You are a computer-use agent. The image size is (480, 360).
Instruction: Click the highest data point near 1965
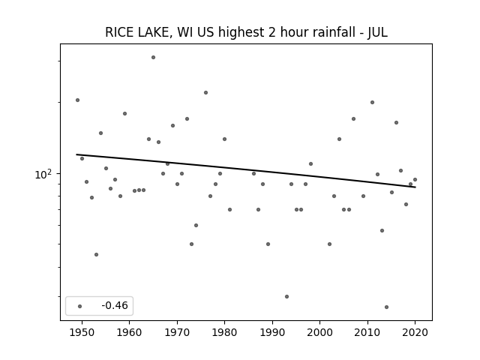click(153, 58)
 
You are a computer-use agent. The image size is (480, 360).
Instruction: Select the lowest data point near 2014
click(387, 307)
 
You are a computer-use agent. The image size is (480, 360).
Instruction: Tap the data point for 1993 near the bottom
click(286, 297)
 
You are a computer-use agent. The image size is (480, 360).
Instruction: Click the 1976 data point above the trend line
click(205, 93)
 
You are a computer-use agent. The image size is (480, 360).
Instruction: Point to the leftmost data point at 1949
click(78, 100)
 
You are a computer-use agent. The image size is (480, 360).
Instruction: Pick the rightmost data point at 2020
click(415, 180)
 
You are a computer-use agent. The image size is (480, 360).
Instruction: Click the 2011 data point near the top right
click(372, 102)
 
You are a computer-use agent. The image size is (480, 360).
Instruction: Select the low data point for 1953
click(97, 255)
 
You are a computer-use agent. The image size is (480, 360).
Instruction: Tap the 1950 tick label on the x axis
click(82, 332)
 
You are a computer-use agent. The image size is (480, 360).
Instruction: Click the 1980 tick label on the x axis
click(224, 332)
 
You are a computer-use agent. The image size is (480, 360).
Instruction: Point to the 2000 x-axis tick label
click(319, 332)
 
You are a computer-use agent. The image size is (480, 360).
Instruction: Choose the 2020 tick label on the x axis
click(415, 332)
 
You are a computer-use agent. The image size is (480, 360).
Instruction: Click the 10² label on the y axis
click(43, 174)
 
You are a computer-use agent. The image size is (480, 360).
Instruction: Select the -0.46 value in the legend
click(115, 305)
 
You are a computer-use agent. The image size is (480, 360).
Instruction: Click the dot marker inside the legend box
click(80, 306)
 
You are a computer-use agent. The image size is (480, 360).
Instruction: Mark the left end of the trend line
click(76, 154)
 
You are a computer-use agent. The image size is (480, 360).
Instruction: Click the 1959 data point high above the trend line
click(125, 113)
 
